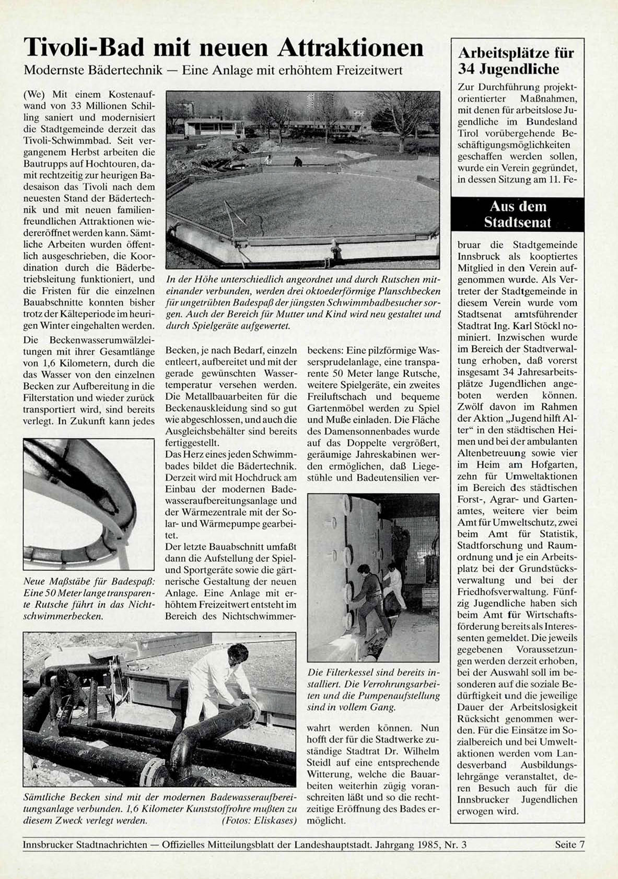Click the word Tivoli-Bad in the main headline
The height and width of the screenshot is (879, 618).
coord(83,48)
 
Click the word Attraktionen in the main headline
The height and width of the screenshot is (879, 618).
coord(350,48)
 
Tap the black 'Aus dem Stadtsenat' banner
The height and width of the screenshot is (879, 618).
coord(517,215)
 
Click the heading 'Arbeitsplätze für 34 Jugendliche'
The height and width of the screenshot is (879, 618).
coord(516,61)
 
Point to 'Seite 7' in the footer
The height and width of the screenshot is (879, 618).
coord(569,845)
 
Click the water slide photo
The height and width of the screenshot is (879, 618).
coord(89,504)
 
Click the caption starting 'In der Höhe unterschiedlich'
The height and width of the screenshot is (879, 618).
coord(303,302)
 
